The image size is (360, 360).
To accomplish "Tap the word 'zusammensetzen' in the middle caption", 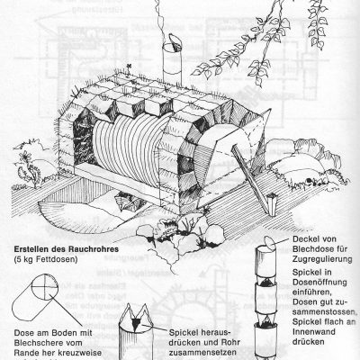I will (208, 354).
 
